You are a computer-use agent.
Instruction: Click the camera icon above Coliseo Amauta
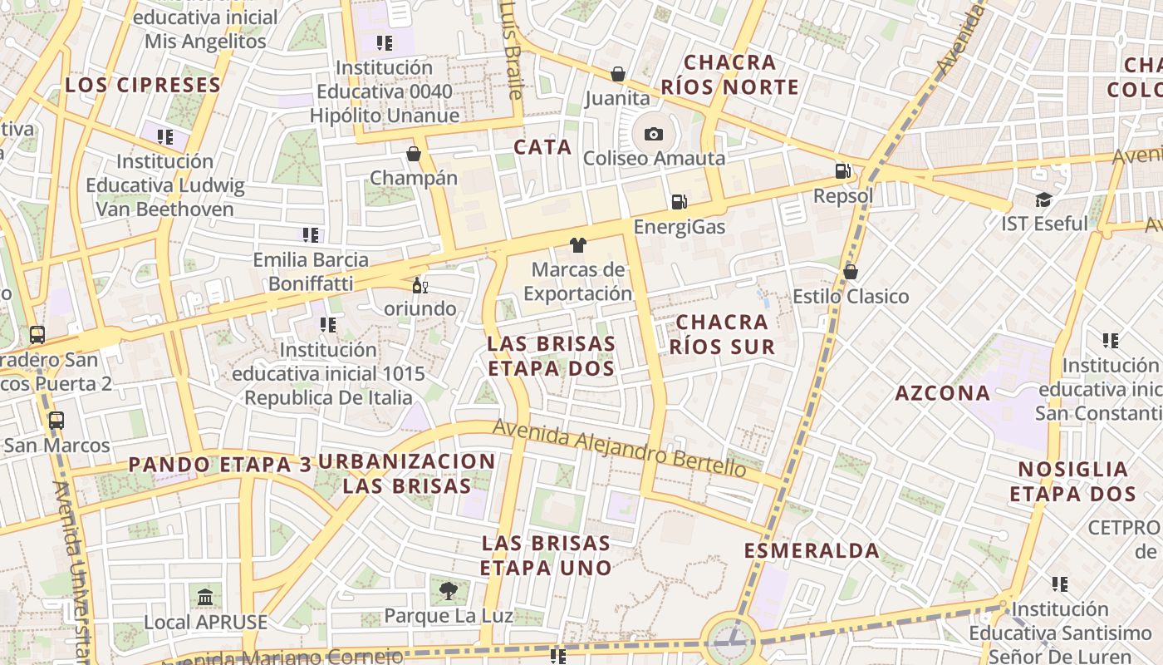click(x=654, y=134)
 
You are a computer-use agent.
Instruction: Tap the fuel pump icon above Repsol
click(x=843, y=172)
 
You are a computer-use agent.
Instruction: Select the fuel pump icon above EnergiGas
click(x=679, y=202)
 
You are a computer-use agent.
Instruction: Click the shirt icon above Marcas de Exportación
click(x=578, y=244)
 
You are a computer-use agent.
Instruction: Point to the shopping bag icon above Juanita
click(x=617, y=74)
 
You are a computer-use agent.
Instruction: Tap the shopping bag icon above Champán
click(x=413, y=154)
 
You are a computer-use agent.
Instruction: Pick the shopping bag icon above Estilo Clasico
click(x=850, y=272)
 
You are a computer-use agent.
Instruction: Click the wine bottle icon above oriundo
click(x=420, y=286)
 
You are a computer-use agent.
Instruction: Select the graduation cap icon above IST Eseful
click(x=1043, y=199)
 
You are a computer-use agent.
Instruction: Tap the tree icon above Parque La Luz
click(x=449, y=591)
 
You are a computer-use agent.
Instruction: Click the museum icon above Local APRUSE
click(x=205, y=597)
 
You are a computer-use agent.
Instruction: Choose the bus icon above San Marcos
click(x=56, y=421)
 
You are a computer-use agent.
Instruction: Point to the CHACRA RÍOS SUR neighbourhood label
click(x=722, y=334)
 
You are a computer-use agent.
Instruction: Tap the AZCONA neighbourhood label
click(x=942, y=393)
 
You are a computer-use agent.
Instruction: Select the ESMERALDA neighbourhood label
click(x=812, y=550)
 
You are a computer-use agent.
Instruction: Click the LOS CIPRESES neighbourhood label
click(x=143, y=85)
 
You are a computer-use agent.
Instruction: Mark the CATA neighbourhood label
click(x=542, y=147)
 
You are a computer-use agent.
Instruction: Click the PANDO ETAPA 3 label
click(x=219, y=465)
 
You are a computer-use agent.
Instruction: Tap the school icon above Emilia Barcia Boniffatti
click(x=311, y=235)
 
